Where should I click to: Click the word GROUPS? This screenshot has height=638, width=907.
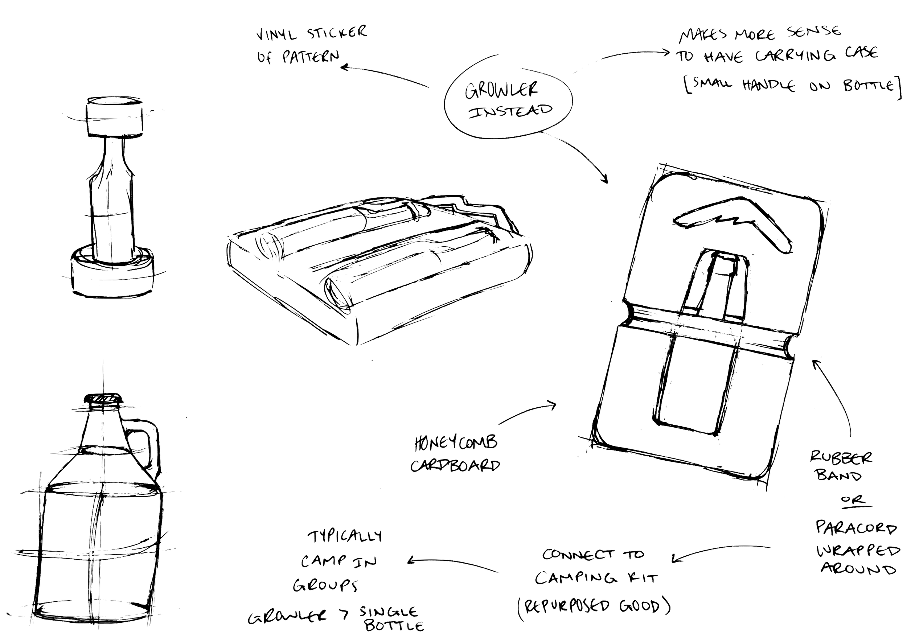click(325, 585)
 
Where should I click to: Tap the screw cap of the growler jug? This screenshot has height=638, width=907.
click(103, 402)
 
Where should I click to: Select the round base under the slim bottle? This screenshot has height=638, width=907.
click(112, 273)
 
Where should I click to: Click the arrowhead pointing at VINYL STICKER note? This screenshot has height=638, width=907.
click(346, 67)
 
